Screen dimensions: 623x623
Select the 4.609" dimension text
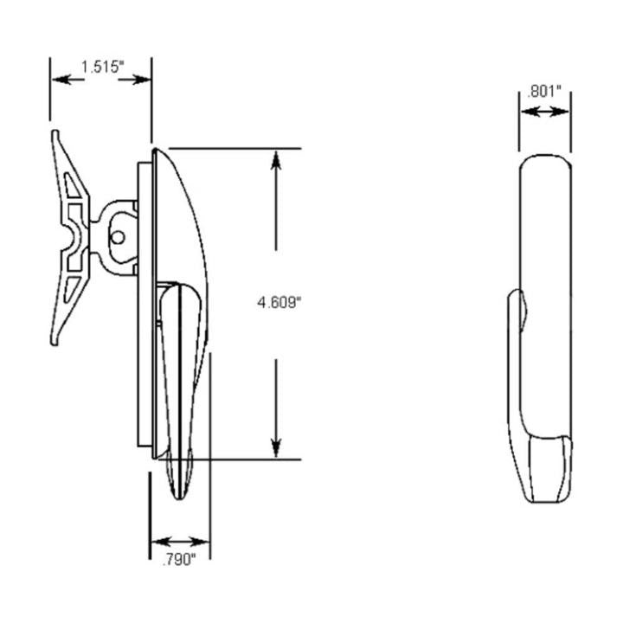pyautogui.click(x=279, y=303)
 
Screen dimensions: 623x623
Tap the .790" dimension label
pyautogui.click(x=179, y=560)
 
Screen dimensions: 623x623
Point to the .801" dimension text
pyautogui.click(x=544, y=91)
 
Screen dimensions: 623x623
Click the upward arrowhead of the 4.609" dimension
pyautogui.click(x=276, y=160)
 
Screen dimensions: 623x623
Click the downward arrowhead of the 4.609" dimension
pyautogui.click(x=276, y=447)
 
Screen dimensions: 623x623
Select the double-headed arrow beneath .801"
pyautogui.click(x=544, y=111)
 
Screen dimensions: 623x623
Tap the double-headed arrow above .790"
pyautogui.click(x=180, y=538)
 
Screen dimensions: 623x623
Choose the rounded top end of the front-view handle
pyautogui.click(x=544, y=159)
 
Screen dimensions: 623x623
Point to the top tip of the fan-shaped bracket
pyautogui.click(x=57, y=132)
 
